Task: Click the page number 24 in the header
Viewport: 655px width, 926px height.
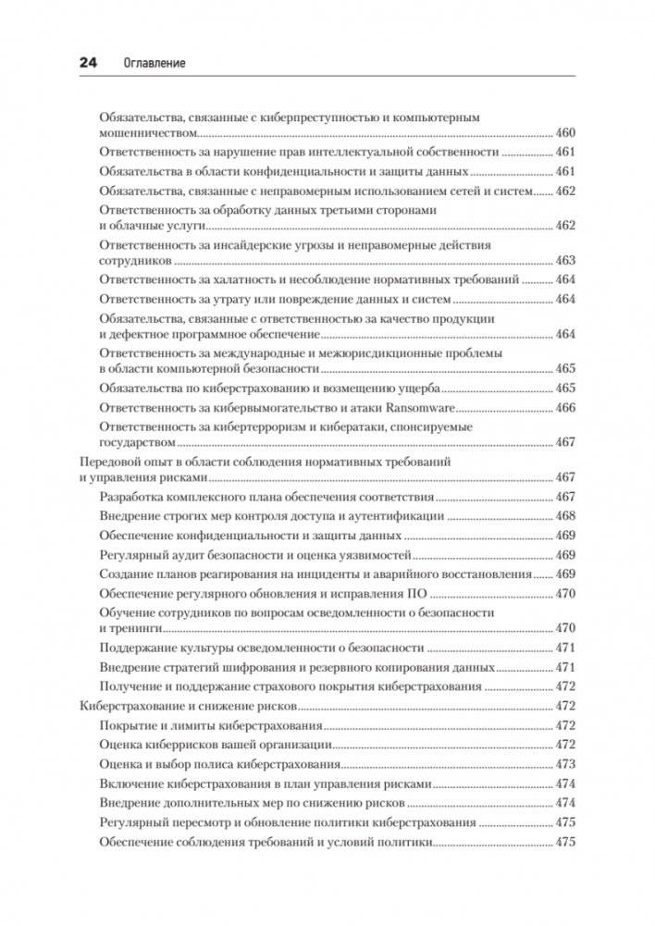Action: [86, 62]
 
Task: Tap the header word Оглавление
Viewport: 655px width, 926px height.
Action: [154, 62]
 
